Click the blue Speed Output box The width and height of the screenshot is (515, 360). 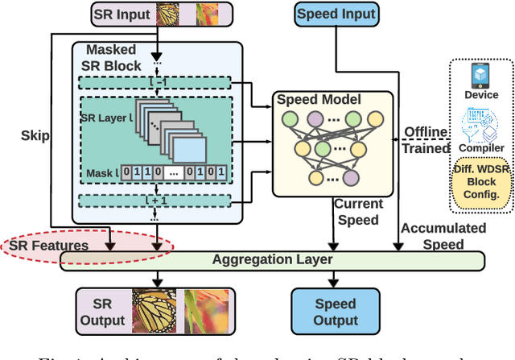[336, 310]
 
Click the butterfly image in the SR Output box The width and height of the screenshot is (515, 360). [153, 310]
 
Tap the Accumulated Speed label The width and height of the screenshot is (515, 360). [443, 235]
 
